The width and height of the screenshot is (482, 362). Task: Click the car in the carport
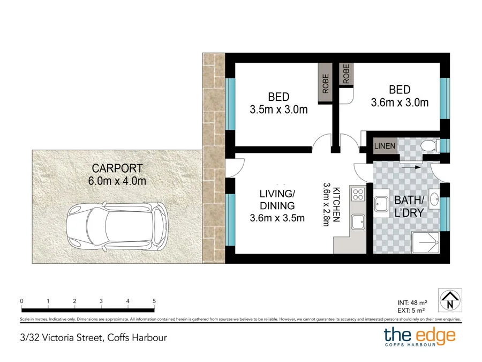pyautogui.click(x=117, y=226)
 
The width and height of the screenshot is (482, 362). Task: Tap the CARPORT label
pyautogui.click(x=117, y=168)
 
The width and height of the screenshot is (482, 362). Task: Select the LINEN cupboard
pyautogui.click(x=385, y=146)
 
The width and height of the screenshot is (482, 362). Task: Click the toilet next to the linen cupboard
pyautogui.click(x=431, y=145)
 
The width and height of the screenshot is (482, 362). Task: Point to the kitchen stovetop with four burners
pyautogui.click(x=358, y=195)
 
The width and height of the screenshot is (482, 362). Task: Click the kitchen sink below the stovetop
pyautogui.click(x=358, y=221)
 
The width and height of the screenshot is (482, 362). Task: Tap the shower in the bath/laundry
pyautogui.click(x=425, y=242)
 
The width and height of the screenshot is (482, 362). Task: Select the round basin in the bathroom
pyautogui.click(x=434, y=199)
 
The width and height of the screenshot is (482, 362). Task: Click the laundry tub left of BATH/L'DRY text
pyautogui.click(x=381, y=204)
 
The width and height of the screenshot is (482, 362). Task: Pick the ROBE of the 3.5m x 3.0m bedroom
pyautogui.click(x=325, y=83)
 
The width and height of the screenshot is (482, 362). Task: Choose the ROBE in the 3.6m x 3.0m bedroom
pyautogui.click(x=347, y=74)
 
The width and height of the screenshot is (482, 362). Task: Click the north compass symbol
pyautogui.click(x=450, y=300)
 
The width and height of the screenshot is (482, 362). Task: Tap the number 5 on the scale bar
pyautogui.click(x=154, y=301)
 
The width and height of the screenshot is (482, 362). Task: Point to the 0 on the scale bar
pyautogui.click(x=21, y=301)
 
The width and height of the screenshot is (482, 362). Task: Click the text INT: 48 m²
pyautogui.click(x=412, y=303)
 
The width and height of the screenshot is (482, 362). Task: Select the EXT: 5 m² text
pyautogui.click(x=411, y=311)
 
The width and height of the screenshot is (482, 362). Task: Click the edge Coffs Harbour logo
pyautogui.click(x=419, y=337)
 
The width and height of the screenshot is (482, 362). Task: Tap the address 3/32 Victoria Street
pyautogui.click(x=61, y=338)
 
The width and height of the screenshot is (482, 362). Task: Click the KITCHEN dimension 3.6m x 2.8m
pyautogui.click(x=326, y=204)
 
